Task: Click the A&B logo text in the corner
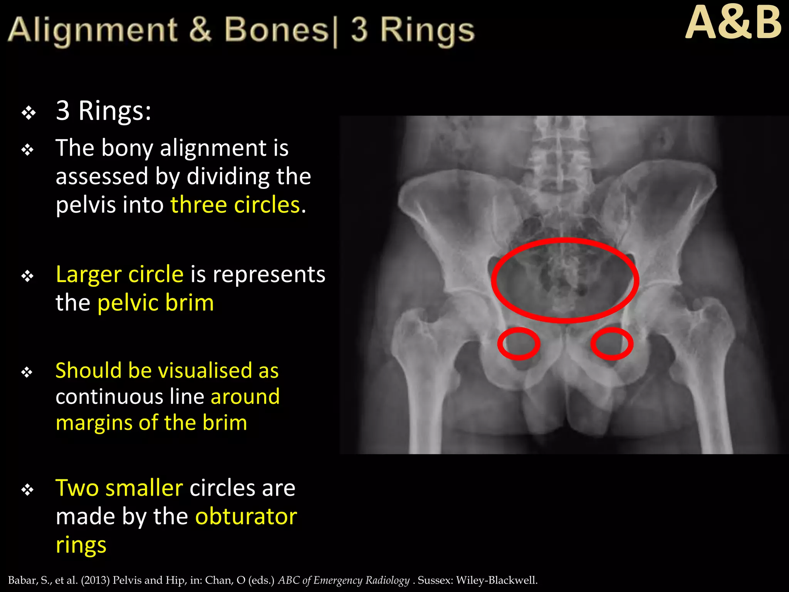click(733, 24)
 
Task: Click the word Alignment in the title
click(92, 30)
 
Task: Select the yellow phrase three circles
click(235, 205)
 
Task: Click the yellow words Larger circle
click(119, 274)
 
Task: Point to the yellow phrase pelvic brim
click(155, 303)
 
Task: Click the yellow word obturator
click(246, 516)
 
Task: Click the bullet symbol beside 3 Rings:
click(29, 113)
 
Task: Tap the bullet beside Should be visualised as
click(27, 372)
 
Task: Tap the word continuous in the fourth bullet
click(109, 397)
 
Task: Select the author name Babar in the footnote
click(22, 580)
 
